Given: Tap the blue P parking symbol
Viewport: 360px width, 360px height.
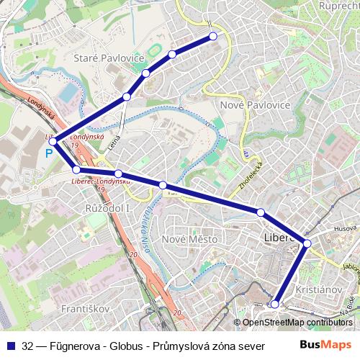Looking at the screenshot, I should tap(49, 153).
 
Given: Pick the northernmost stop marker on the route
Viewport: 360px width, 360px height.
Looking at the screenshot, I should tap(213, 36).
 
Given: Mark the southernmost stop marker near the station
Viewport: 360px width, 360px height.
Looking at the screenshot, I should tap(274, 305).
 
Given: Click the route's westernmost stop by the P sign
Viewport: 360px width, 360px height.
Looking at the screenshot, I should tap(53, 141).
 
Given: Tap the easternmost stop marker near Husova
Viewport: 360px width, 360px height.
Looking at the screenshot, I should tap(307, 243).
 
